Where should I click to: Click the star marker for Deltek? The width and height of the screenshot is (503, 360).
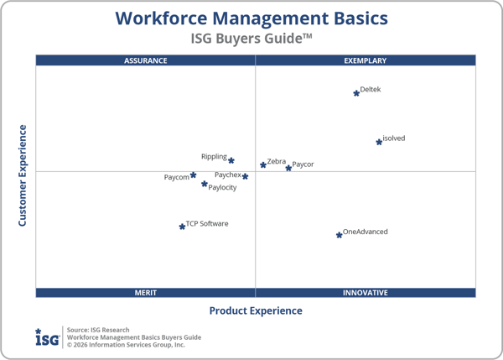(x=356, y=93)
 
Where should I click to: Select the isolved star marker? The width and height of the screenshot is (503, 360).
(x=379, y=143)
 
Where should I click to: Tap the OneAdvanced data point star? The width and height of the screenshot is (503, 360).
(x=340, y=235)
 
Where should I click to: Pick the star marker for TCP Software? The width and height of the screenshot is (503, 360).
(x=182, y=227)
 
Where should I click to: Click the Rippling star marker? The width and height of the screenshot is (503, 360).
(x=231, y=160)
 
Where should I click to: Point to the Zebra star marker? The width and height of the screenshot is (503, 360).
(x=263, y=164)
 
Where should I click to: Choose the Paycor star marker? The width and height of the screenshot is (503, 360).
(x=288, y=168)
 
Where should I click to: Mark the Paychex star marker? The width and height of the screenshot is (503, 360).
(x=245, y=176)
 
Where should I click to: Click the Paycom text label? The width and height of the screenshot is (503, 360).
(x=176, y=177)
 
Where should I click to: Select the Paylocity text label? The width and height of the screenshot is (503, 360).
(x=222, y=187)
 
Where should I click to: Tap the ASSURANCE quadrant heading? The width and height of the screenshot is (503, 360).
(x=146, y=60)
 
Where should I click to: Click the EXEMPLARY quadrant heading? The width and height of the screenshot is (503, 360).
(x=366, y=60)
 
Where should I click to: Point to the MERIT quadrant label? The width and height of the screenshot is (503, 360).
(x=146, y=293)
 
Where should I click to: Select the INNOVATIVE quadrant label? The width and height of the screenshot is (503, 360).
(x=366, y=293)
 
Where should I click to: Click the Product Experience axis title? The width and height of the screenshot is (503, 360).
(x=256, y=310)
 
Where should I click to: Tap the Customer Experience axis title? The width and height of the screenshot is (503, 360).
(x=23, y=175)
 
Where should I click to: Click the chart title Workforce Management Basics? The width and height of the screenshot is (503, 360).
(x=251, y=18)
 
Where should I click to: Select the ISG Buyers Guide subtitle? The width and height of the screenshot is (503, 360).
(x=251, y=38)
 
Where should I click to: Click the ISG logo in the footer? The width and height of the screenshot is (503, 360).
(x=47, y=337)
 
